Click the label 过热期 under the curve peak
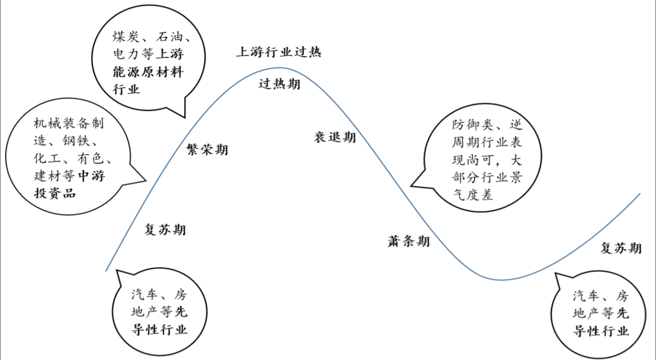279,84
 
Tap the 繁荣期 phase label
207,150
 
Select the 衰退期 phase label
335,137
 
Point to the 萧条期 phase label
408,241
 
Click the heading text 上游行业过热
278,52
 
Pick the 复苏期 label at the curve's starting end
165,230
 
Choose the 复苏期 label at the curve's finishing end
621,248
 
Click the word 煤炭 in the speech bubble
125,37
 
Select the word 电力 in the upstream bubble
125,55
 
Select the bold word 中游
91,176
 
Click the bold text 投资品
55,194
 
